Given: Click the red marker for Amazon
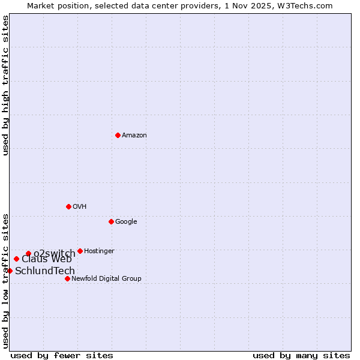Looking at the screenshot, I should pyautogui.click(x=118, y=135).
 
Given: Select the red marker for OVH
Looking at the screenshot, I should pyautogui.click(x=68, y=206).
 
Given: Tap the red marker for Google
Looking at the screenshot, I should pyautogui.click(x=111, y=221).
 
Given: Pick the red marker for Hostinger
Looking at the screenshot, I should pyautogui.click(x=80, y=251).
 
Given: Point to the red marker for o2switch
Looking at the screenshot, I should pyautogui.click(x=28, y=253).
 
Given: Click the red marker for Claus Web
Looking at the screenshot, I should pyautogui.click(x=16, y=259).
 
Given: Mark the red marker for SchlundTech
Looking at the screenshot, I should pyautogui.click(x=10, y=271).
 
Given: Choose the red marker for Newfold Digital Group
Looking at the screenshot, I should pyautogui.click(x=67, y=278).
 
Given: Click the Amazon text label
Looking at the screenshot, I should pyautogui.click(x=134, y=136).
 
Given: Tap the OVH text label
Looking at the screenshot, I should pyautogui.click(x=80, y=207).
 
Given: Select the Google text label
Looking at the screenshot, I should pyautogui.click(x=126, y=222).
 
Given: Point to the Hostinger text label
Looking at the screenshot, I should pyautogui.click(x=99, y=251).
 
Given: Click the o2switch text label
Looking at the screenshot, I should pyautogui.click(x=55, y=254).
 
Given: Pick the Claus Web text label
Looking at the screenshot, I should pyautogui.click(x=47, y=259).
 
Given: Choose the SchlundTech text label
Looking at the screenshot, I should pyautogui.click(x=45, y=271).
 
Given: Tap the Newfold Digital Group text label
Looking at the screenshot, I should pyautogui.click(x=106, y=279).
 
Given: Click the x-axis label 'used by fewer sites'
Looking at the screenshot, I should pyautogui.click(x=62, y=356).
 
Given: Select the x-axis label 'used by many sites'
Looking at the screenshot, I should pyautogui.click(x=301, y=356).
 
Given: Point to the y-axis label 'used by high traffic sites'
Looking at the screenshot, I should pyautogui.click(x=6, y=85).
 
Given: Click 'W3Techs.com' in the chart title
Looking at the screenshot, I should pyautogui.click(x=305, y=5).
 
